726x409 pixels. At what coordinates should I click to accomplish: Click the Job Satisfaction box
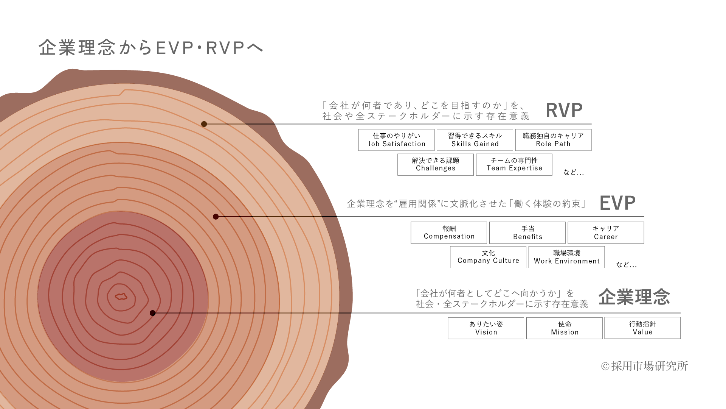coord(396,140)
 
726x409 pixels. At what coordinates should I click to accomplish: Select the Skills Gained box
coord(475,140)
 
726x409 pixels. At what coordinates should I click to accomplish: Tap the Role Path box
coord(553,140)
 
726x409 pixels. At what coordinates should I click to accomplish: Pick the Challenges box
coord(435,164)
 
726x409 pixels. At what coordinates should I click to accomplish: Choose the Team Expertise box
coord(514,164)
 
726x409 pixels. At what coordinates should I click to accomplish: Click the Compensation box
coord(449,233)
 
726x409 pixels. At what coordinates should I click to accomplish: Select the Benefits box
coord(527,233)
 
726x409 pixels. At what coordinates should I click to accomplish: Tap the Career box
coord(605,233)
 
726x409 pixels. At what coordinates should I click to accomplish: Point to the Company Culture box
coord(488,257)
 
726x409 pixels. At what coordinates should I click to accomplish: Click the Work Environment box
coord(566,257)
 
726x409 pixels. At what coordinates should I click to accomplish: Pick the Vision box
coord(486,328)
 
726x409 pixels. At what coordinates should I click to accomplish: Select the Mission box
coord(564,328)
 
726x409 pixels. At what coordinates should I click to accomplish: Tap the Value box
coord(642,328)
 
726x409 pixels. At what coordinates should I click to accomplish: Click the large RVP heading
coord(564,111)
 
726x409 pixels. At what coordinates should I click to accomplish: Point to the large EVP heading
coord(617,203)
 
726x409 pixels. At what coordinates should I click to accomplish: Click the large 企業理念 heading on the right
coord(634,297)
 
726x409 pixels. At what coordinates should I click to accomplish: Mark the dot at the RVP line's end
coord(204,124)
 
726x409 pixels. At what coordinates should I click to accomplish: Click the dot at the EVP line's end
coord(216,217)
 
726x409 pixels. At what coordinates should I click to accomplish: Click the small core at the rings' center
coord(121,297)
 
